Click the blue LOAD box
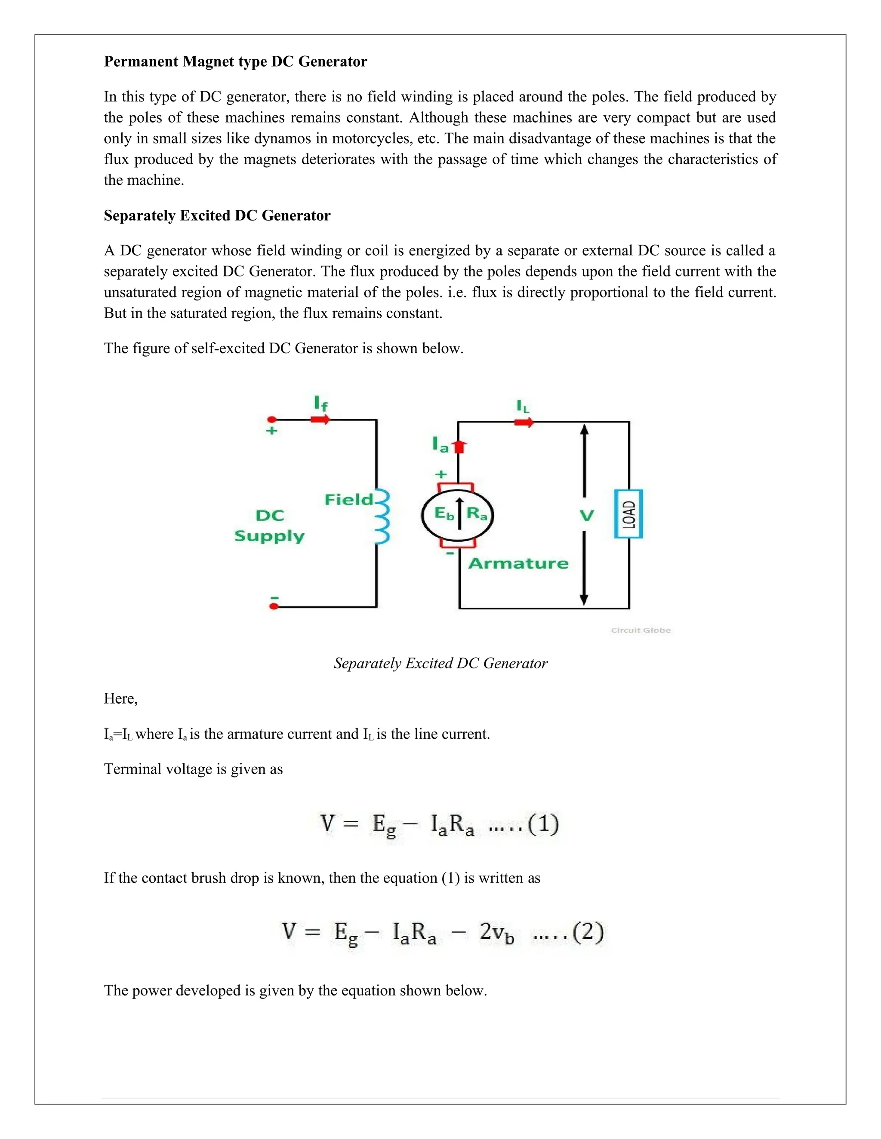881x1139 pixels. click(x=628, y=514)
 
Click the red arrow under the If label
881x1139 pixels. click(x=320, y=419)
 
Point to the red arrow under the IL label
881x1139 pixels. click(x=524, y=422)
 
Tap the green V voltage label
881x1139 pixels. click(x=587, y=516)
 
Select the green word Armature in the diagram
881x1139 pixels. click(x=518, y=563)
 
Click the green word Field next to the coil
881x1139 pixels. click(x=348, y=499)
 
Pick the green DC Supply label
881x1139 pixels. click(x=269, y=526)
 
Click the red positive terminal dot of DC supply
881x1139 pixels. click(x=271, y=419)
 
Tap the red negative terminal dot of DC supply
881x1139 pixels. click(x=273, y=606)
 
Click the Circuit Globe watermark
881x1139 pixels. click(x=641, y=630)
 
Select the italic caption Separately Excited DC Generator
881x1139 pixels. click(x=440, y=663)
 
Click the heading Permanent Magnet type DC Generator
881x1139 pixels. click(x=235, y=61)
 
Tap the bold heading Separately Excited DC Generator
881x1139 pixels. click(x=217, y=215)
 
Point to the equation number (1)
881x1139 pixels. click(x=543, y=824)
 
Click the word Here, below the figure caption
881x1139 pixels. click(x=120, y=699)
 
